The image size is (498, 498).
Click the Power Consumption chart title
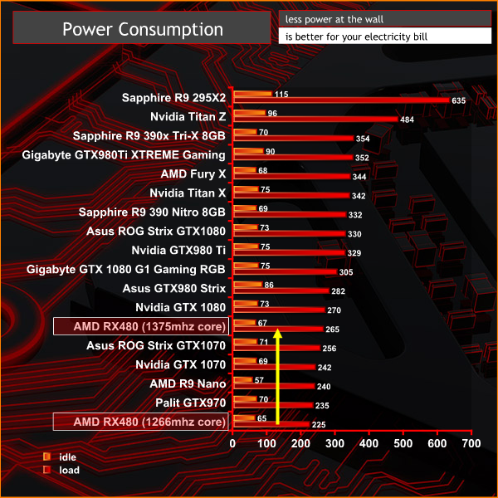pyautogui.click(x=144, y=29)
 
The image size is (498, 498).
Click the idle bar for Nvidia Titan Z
pyautogui.click(x=250, y=112)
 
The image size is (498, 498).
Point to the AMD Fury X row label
pyautogui.click(x=193, y=174)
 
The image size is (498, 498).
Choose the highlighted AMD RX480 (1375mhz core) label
pyautogui.click(x=139, y=326)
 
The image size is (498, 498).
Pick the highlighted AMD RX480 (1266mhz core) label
pyautogui.click(x=139, y=422)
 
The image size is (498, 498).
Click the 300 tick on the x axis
pyautogui.click(x=335, y=444)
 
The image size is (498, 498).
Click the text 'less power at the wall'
pyautogui.click(x=334, y=18)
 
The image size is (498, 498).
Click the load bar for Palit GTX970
pyautogui.click(x=273, y=406)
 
